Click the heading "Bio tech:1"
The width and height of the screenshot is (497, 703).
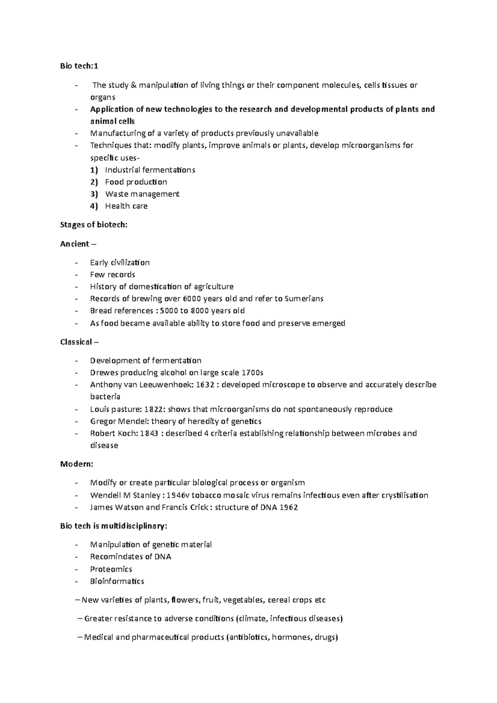pos(80,66)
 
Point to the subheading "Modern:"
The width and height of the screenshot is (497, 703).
pos(77,464)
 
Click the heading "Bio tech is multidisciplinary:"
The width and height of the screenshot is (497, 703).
pos(113,526)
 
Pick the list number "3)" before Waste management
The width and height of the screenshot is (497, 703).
pos(94,194)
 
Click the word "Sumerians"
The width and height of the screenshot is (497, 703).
pos(304,299)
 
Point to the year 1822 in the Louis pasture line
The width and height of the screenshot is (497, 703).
pos(152,409)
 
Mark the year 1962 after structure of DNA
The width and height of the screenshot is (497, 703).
pos(289,507)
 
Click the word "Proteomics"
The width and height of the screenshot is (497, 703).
pos(111,569)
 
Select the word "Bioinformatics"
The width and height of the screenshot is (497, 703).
pos(117,581)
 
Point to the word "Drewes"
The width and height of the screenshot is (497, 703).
pos(104,373)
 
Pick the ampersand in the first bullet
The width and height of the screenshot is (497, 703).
pos(133,86)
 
